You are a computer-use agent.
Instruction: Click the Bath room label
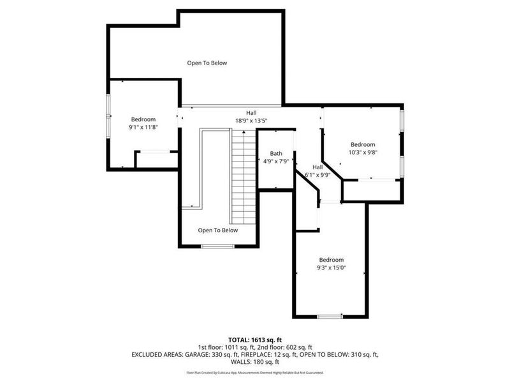coord(275,153)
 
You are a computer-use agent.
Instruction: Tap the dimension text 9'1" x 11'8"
coord(143,127)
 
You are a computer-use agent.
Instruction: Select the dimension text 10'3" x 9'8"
coord(362,152)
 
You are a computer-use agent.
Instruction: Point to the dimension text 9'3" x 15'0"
coord(331,267)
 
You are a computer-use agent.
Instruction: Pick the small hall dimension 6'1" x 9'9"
coord(317,174)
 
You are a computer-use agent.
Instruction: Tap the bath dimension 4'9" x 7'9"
coord(276,161)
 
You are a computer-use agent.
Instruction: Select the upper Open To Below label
coord(207,63)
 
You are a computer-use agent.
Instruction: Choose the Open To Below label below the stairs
coord(217,230)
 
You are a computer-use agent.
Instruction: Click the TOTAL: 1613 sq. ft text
coord(255,339)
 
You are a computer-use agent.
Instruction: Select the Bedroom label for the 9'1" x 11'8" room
coord(143,119)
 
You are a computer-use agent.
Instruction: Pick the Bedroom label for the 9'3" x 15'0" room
coord(331,260)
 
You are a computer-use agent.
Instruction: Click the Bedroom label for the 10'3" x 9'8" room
coord(362,144)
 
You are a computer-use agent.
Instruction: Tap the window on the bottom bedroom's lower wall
coord(330,316)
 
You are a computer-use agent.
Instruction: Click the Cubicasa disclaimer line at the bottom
coord(255,372)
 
